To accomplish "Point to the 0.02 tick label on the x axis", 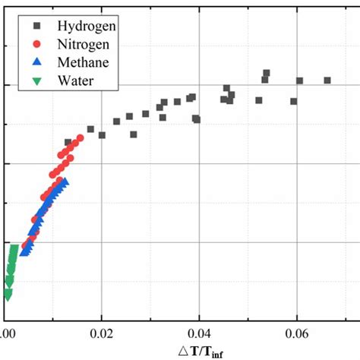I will click(102, 333).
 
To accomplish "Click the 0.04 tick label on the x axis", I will click(199, 333).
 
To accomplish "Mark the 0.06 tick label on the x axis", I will click(296, 333).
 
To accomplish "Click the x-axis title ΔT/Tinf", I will click(200, 350).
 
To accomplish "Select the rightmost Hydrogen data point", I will click(327, 80).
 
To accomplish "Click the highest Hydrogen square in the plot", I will click(267, 73).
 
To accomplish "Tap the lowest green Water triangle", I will click(8, 295).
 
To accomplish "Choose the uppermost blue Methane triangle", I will click(65, 182).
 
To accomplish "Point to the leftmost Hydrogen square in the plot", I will click(68, 142).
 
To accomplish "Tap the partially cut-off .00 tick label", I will click(8, 333).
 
